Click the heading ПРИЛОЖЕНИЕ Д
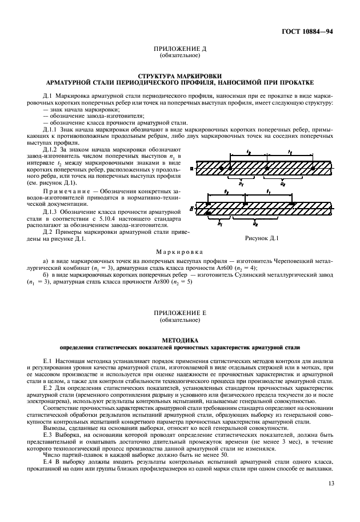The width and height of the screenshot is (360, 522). click(x=179, y=49)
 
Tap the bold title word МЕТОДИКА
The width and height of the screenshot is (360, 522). click(x=179, y=341)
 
